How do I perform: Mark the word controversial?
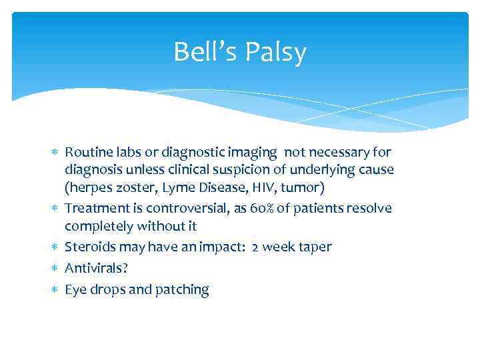pos(191,209)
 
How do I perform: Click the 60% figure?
pos(263,209)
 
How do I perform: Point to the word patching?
pos(181,290)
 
